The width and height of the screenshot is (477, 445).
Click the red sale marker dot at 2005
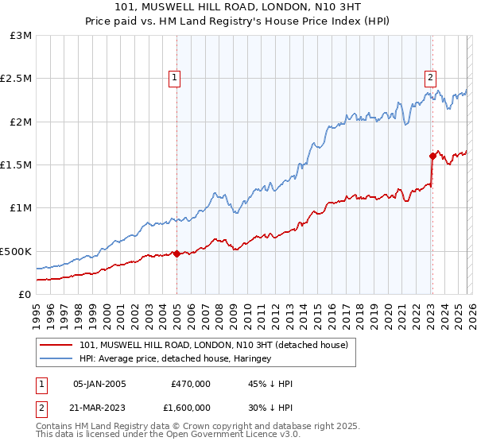(x=176, y=253)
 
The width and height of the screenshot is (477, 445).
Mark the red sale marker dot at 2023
(x=432, y=157)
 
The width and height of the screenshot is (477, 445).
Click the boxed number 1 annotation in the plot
(x=174, y=77)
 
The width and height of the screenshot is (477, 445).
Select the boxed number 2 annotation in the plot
(x=430, y=77)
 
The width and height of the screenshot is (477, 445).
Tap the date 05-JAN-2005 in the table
(x=99, y=384)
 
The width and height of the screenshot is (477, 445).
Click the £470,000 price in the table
(x=190, y=384)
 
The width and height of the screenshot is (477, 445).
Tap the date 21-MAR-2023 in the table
(x=99, y=408)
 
